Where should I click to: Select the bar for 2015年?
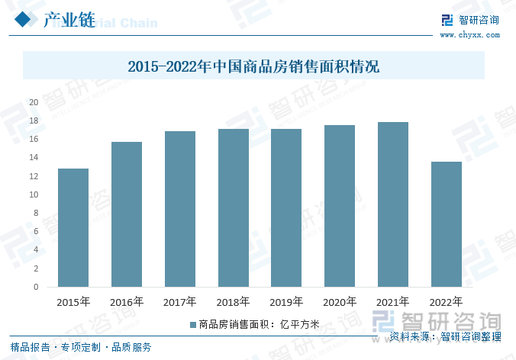click(73, 228)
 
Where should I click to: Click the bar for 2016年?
click(126, 214)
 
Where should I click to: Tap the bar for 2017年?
click(179, 209)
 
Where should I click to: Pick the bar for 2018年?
click(233, 208)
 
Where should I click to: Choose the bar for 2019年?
click(286, 208)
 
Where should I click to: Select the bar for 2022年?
click(446, 224)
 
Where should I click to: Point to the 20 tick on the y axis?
click(34, 102)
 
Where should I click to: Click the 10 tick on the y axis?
click(34, 194)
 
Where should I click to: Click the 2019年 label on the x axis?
click(286, 302)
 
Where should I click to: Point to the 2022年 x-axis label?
click(446, 302)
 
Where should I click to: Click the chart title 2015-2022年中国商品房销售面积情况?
click(253, 66)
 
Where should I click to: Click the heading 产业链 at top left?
click(69, 21)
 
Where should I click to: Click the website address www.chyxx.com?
click(468, 35)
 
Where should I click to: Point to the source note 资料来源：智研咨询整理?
click(445, 336)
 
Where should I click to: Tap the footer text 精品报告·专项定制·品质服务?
click(81, 348)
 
